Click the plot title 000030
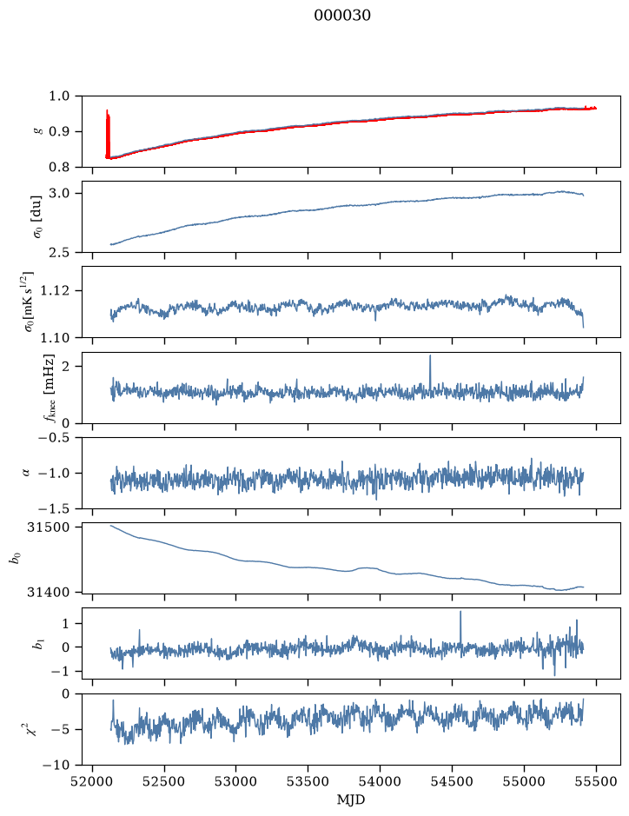click(x=342, y=15)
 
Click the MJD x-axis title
click(x=351, y=799)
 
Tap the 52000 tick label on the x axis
click(x=93, y=781)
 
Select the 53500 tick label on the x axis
click(x=308, y=781)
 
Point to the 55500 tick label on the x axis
click(x=596, y=781)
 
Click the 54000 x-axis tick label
click(x=380, y=781)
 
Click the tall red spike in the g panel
click(x=108, y=134)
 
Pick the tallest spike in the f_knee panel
click(x=430, y=372)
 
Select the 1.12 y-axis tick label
click(x=57, y=290)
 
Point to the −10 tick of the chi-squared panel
click(x=62, y=765)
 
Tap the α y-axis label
click(x=27, y=473)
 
